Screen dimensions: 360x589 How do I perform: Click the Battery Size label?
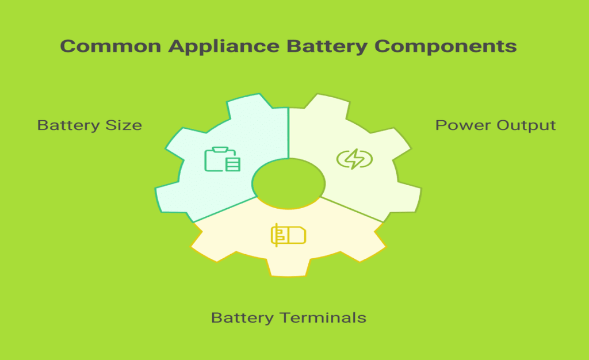click(89, 125)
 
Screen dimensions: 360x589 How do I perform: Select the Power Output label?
click(495, 125)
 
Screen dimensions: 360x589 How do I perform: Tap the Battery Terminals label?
click(288, 317)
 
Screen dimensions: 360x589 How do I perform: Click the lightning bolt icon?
click(354, 159)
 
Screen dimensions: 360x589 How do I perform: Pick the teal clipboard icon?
click(222, 159)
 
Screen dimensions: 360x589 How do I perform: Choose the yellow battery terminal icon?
click(288, 235)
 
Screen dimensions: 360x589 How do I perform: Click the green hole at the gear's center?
click(289, 185)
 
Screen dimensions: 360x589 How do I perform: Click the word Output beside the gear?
click(527, 125)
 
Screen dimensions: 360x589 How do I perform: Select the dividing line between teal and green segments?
click(289, 127)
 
